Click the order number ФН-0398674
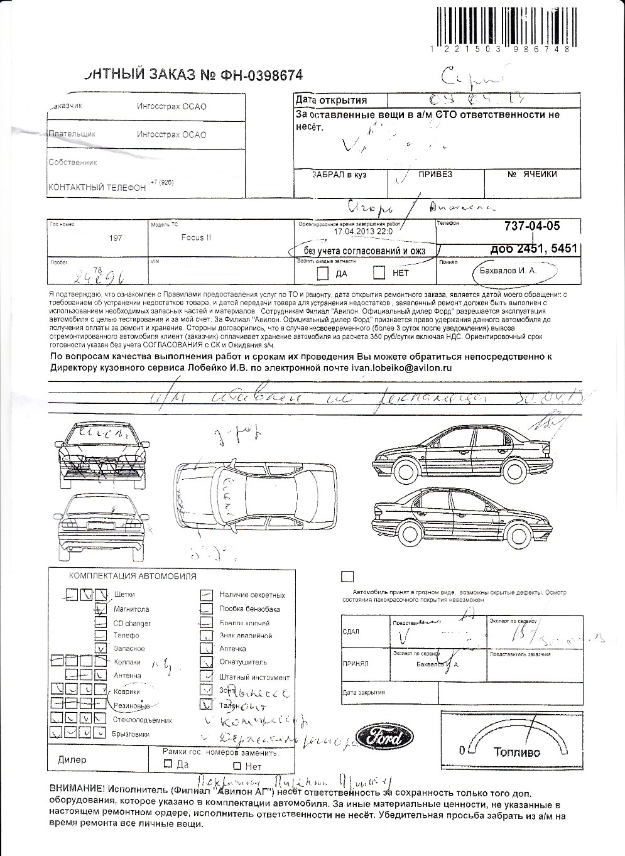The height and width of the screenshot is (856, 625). point(261,75)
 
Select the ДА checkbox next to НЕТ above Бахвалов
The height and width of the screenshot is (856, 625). point(323,273)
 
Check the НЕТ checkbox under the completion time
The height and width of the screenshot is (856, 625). point(379,273)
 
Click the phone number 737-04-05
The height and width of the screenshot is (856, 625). point(532,226)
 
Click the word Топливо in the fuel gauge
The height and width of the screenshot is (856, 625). point(516,752)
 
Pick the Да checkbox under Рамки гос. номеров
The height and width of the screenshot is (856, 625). point(168,764)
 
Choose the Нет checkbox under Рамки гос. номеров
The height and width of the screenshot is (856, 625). point(237,766)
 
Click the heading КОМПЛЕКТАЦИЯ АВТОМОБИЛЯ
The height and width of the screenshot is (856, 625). point(132,576)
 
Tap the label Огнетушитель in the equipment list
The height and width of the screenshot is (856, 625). point(243,662)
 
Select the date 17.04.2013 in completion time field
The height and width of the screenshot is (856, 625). point(349,231)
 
